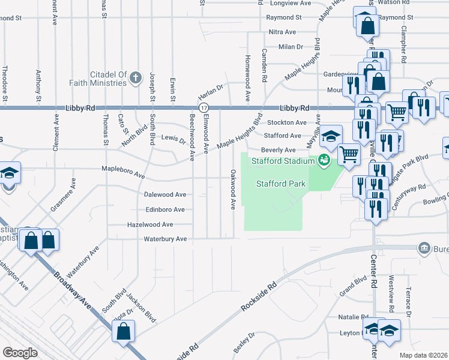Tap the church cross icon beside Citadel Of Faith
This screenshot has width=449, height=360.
pos(136,77)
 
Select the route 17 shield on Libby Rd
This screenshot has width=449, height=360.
pos(205,107)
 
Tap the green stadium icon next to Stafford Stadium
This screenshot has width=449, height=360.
pos(324,160)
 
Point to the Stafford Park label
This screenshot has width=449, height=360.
pos(282,184)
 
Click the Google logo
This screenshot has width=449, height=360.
pos(20,353)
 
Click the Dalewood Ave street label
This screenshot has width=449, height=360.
pos(165,195)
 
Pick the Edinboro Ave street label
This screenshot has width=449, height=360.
pos(165,209)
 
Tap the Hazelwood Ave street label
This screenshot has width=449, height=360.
pos(150,224)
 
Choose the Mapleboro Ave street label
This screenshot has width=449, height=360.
pos(123,175)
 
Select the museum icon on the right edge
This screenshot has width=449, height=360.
pos(424,248)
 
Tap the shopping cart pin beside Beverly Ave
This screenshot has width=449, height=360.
pos(348,154)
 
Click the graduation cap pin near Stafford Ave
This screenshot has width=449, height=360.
pos(330,135)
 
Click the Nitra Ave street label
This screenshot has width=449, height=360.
pos(282,32)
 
